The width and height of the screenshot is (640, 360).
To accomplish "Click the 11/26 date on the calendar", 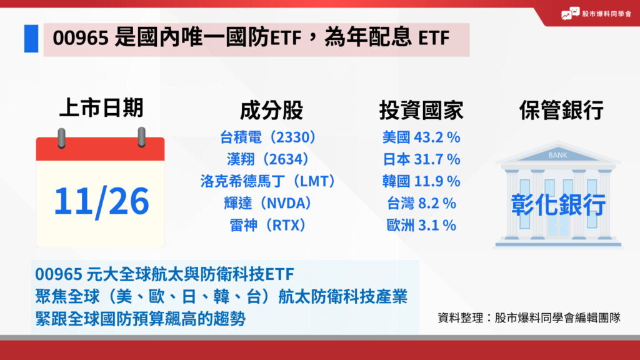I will (101, 201).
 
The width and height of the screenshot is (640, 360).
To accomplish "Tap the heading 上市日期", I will (101, 108).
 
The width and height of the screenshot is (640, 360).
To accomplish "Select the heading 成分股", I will (271, 111).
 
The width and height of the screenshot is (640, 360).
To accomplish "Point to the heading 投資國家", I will (421, 111).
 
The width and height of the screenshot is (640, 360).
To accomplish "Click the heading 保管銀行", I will (561, 111).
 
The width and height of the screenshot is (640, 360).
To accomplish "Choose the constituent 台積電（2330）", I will (268, 137).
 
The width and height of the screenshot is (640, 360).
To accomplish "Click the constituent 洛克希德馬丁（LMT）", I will (268, 181).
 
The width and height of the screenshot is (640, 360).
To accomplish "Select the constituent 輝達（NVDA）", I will (268, 203).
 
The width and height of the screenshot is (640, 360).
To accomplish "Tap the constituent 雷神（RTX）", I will (268, 225).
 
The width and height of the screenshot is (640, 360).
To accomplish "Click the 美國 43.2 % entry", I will (421, 137).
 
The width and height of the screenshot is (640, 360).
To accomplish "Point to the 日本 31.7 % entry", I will (421, 159).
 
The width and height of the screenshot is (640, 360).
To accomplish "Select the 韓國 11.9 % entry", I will (421, 181).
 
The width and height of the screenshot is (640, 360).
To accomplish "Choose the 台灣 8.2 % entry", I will (421, 203).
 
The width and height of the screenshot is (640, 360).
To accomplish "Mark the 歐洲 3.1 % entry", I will (421, 225).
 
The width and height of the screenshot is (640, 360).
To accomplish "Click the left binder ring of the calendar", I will (61, 137).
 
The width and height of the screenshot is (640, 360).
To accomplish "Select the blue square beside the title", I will (31, 39).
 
